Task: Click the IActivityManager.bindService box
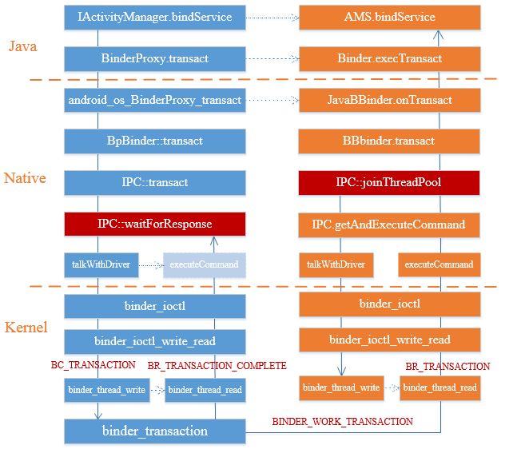coord(154,17)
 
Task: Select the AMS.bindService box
coord(389,17)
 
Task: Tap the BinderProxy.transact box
coord(154,58)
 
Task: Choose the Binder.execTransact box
coord(389,58)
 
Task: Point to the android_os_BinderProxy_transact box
coord(154,100)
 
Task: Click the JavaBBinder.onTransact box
coord(389,100)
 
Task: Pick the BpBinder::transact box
coord(154,141)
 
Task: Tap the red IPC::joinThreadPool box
coord(389,183)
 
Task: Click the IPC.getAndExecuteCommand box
coord(389,224)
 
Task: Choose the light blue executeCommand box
coord(204,264)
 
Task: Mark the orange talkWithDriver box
coord(336,264)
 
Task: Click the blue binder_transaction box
coord(154,431)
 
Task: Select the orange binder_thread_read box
coord(439,387)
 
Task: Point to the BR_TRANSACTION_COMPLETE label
coord(217,366)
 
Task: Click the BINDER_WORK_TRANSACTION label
coord(342,421)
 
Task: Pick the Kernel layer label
coord(26,328)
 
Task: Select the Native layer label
coord(25,178)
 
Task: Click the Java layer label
coord(22,47)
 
